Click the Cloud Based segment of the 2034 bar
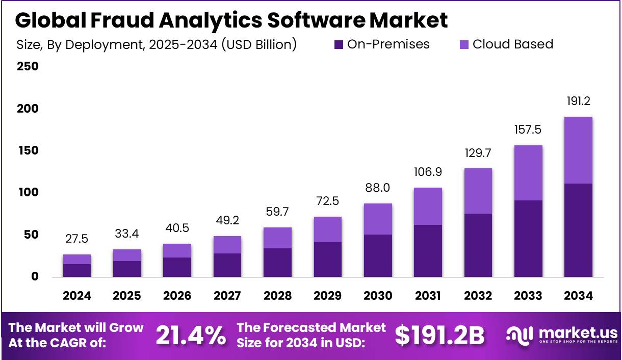pos(578,150)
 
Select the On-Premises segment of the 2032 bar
pos(478,245)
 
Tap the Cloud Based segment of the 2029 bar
pos(327,229)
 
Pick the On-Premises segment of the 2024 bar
pos(77,270)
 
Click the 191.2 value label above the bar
pos(578,101)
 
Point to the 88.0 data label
pos(378,188)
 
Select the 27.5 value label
pos(77,239)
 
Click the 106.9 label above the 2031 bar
pos(428,172)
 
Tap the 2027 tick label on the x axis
pos(227,296)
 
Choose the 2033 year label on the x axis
pos(528,296)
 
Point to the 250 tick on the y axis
pos(28,66)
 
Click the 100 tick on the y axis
pos(28,193)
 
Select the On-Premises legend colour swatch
pos(339,45)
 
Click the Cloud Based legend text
pos(512,44)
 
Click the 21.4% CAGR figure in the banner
pos(191,335)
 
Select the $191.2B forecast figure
pos(439,335)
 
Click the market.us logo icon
pos(519,335)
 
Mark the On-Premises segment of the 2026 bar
pos(177,267)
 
